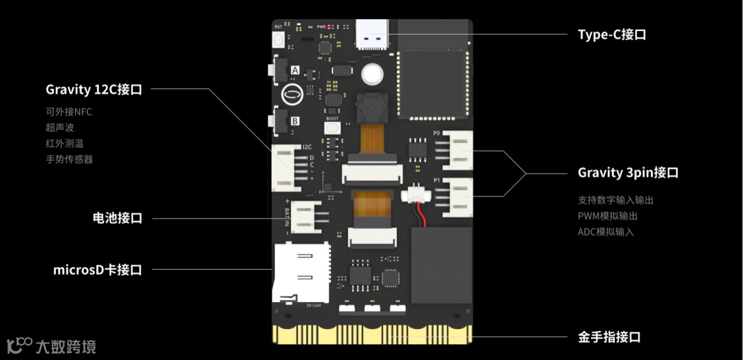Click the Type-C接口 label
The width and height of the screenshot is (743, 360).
point(612,34)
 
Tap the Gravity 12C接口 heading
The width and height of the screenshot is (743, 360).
point(94,89)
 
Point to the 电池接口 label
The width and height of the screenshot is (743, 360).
point(117,218)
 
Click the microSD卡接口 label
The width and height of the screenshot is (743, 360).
point(97,270)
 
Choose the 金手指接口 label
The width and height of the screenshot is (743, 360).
point(609,337)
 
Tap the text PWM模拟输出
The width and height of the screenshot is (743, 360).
point(607,216)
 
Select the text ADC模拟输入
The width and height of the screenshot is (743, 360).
point(606,232)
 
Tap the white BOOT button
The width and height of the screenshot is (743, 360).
point(333,128)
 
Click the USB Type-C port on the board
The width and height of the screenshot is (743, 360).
point(372,34)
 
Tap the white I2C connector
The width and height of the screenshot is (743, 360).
point(287,167)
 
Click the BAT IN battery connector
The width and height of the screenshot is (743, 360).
point(305,215)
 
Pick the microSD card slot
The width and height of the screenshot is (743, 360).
point(300,273)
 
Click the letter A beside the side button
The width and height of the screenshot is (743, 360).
point(295,70)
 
